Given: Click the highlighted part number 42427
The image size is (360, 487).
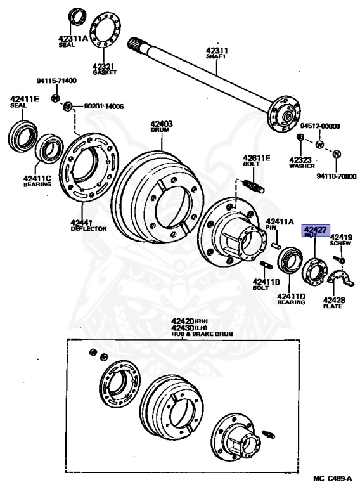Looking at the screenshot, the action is pos(315,230).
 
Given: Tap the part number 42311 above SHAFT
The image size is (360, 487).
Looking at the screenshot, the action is pos(217,50).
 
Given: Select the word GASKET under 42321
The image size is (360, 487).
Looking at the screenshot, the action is pos(105,72).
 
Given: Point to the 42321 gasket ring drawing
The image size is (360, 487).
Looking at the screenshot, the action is pos(105,30).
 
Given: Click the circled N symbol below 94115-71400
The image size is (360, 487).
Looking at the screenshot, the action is pos(55,98).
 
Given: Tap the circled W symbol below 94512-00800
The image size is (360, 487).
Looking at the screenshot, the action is pos(320,145).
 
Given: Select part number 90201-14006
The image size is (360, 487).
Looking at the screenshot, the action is pos(104,107).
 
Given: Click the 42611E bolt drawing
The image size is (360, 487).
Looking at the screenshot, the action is pos(254,185).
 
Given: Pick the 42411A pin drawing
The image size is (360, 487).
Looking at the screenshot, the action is pos(276,244).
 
